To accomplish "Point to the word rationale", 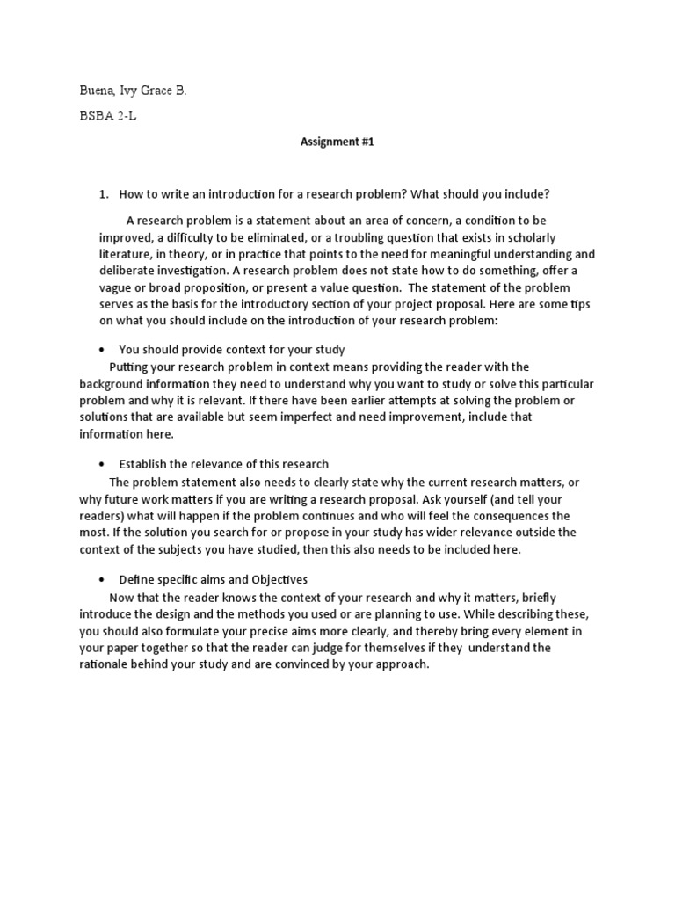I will (x=107, y=664).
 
